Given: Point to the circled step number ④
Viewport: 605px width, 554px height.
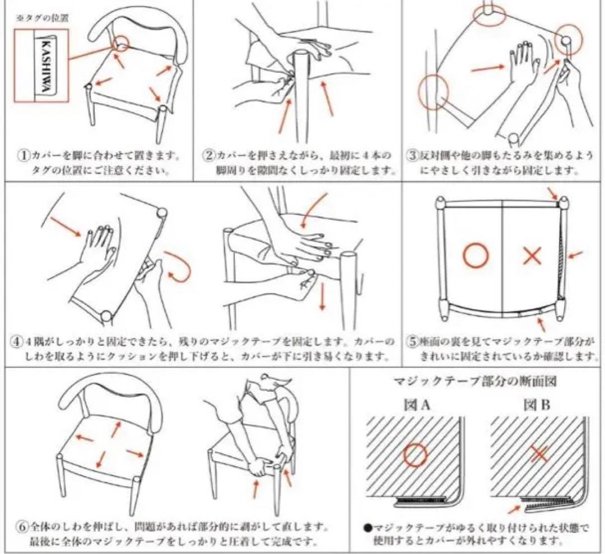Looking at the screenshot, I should click(17, 341).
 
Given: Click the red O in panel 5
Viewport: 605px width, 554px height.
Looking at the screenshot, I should click(475, 256).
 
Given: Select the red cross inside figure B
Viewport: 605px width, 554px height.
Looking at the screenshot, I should click(539, 454).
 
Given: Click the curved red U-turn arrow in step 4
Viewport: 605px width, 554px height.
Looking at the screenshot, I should click(179, 266).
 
